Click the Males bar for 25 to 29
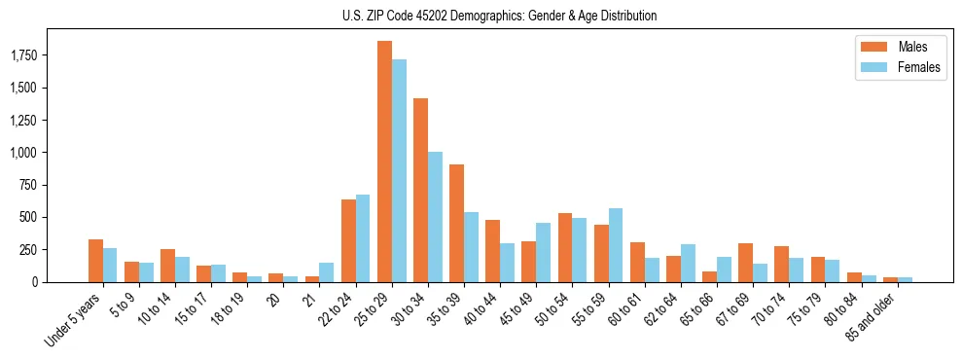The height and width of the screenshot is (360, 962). click(384, 162)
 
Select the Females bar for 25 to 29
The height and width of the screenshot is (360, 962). click(399, 170)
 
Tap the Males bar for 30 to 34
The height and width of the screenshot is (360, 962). click(420, 190)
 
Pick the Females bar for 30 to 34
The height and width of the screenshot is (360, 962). click(435, 217)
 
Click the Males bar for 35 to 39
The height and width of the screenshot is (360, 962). click(456, 223)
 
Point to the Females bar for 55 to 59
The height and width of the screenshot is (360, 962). click(616, 245)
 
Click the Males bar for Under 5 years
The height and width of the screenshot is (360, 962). click(95, 261)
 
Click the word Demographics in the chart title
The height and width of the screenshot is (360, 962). click(468, 16)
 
